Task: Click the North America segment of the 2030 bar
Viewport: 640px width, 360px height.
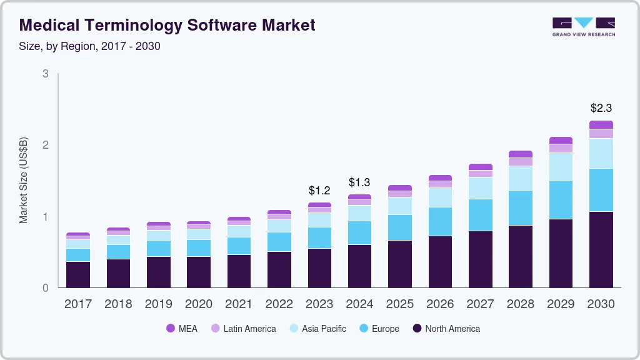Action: (x=601, y=249)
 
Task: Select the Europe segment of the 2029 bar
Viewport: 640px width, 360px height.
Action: (x=561, y=199)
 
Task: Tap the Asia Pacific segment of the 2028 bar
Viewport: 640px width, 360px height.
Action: (x=521, y=178)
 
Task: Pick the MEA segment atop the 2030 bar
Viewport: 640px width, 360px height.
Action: (x=601, y=124)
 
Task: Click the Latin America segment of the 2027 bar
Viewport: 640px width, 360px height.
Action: (x=481, y=173)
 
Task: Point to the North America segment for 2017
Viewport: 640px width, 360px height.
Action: (x=78, y=274)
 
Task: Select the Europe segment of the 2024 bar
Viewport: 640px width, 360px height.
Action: (x=359, y=232)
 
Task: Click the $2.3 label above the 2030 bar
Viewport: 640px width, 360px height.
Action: (x=601, y=108)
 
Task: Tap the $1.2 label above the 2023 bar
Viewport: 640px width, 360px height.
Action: (x=320, y=190)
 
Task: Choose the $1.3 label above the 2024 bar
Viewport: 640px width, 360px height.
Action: (x=359, y=182)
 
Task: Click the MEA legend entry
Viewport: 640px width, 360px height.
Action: (x=181, y=328)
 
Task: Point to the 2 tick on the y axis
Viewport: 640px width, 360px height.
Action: (x=45, y=145)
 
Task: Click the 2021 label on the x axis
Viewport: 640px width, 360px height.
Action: (x=239, y=304)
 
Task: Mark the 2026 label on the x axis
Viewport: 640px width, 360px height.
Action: (x=439, y=304)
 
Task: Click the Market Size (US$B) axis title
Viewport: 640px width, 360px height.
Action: (x=23, y=181)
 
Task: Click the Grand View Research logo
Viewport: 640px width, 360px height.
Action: (x=583, y=26)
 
